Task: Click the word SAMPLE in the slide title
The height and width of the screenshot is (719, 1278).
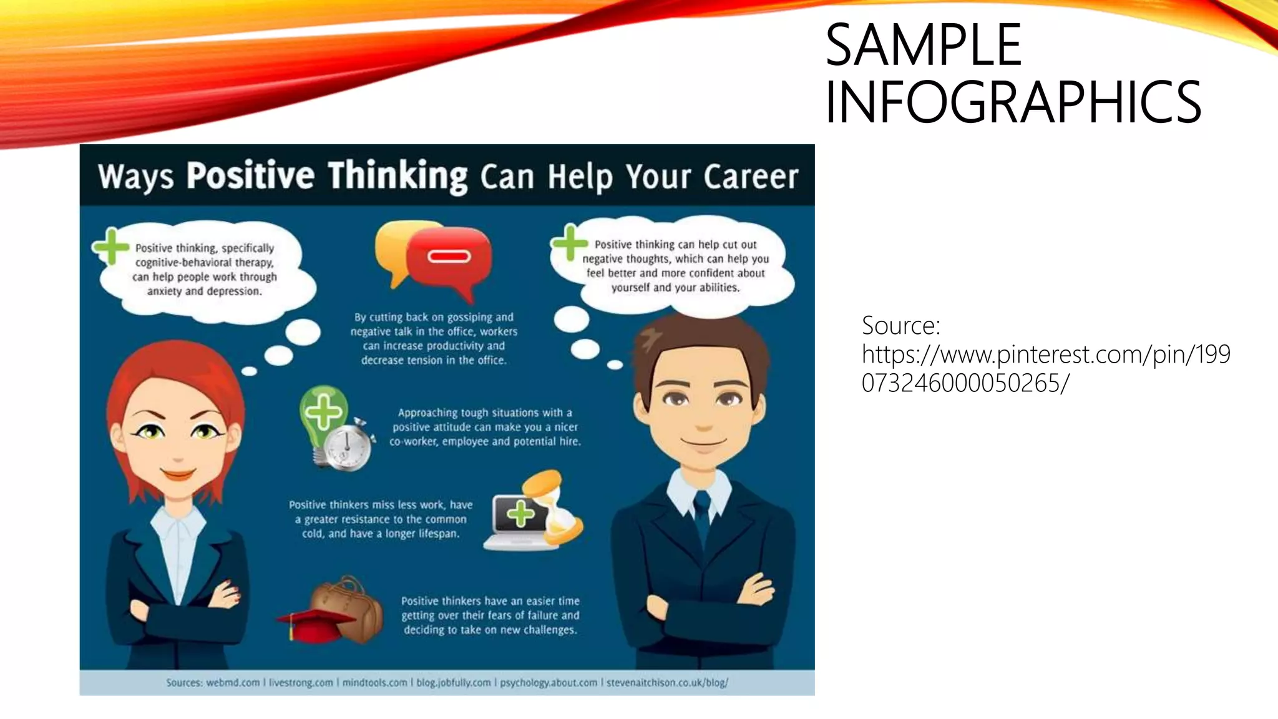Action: (x=923, y=45)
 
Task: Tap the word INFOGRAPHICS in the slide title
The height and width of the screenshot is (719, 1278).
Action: (x=1012, y=102)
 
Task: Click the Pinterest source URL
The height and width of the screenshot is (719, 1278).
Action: (x=1045, y=368)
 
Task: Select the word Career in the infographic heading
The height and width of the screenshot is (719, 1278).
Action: (x=751, y=177)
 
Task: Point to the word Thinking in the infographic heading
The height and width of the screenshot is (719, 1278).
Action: (x=398, y=175)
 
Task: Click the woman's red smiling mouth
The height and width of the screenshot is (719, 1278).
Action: (x=178, y=474)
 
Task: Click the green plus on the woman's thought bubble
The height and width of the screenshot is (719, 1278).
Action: (x=111, y=247)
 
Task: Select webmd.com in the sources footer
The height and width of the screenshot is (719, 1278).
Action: (x=233, y=683)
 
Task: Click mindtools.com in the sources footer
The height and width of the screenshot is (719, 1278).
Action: (x=374, y=683)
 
